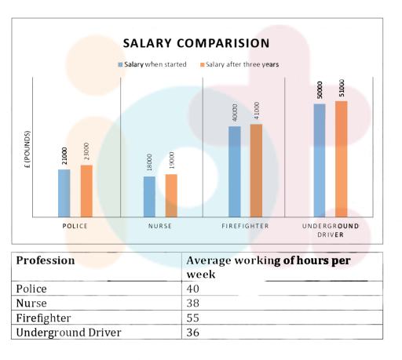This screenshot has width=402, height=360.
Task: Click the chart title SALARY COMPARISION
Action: [196, 43]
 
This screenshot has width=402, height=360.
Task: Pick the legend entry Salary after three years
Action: [239, 64]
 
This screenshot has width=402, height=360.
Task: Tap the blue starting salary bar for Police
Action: [64, 193]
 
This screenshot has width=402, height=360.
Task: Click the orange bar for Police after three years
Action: [86, 191]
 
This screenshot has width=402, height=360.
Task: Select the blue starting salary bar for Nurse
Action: [149, 196]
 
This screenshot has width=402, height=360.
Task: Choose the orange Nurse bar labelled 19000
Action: [171, 195]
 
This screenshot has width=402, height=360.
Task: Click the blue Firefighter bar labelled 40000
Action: [235, 171]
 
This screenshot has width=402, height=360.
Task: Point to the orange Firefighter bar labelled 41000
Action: [256, 170]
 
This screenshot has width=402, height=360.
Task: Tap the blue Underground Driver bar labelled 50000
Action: [320, 160]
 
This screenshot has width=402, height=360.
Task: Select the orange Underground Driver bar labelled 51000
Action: [341, 158]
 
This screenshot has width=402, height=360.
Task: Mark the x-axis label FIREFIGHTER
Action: [246, 226]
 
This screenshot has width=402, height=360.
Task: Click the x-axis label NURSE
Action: [160, 226]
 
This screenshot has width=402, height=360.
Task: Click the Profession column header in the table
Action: [46, 260]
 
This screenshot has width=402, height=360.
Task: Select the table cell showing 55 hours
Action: [193, 318]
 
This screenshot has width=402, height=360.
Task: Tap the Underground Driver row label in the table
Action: [68, 333]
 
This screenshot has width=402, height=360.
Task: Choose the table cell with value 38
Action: [193, 304]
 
